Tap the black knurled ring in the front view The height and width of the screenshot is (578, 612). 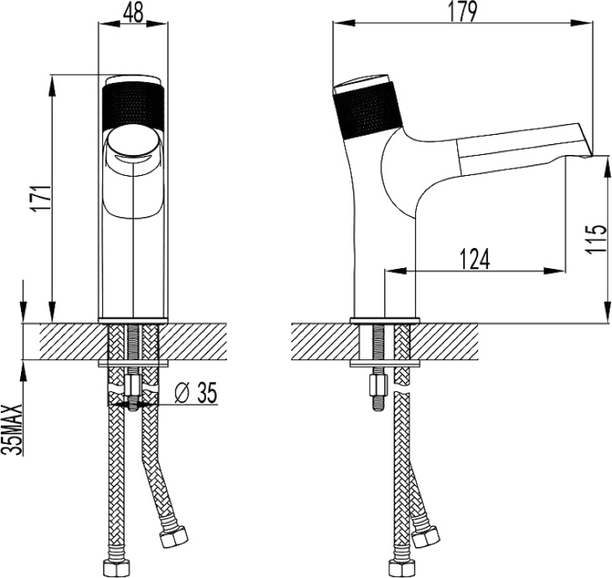pos(134,105)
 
